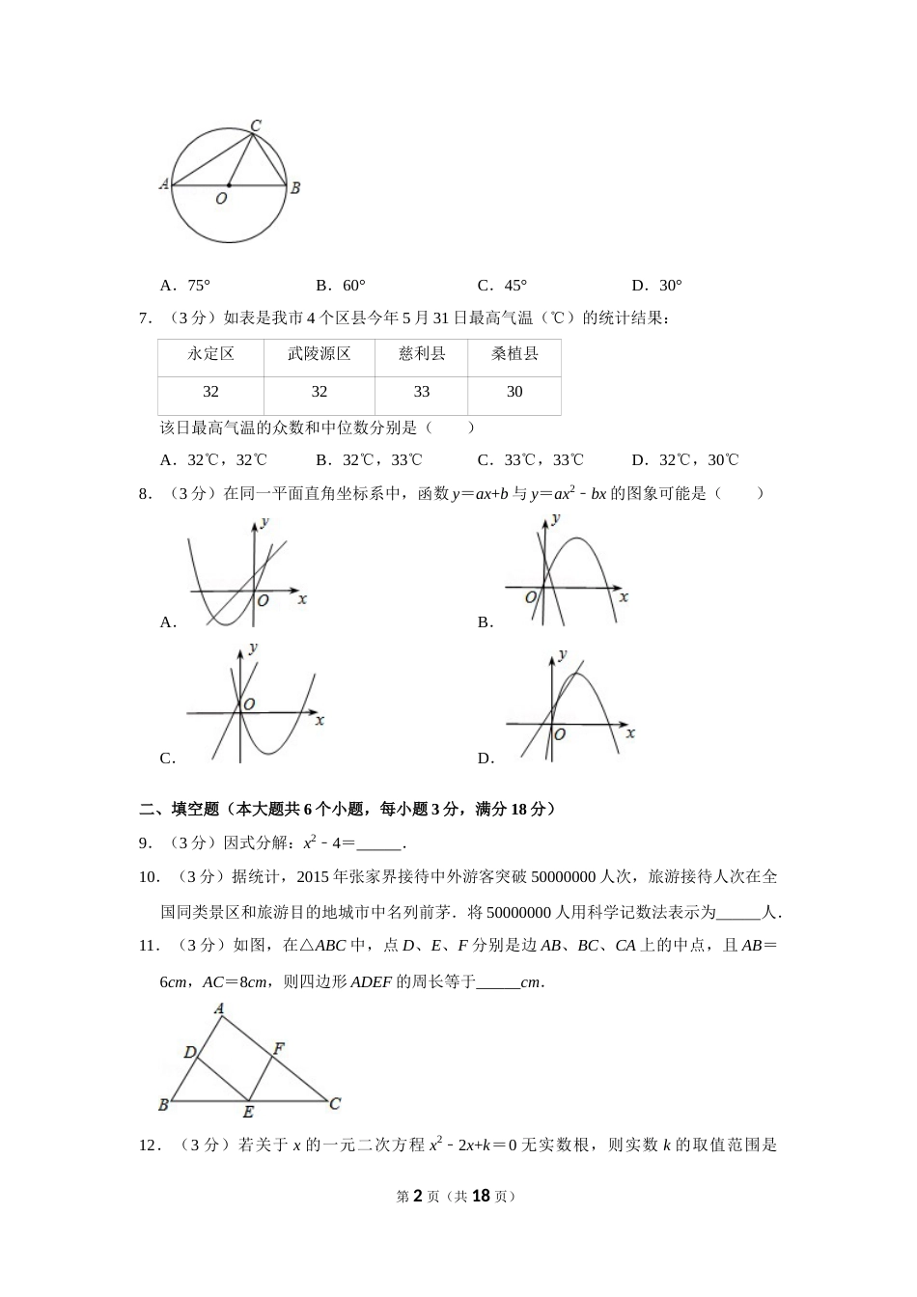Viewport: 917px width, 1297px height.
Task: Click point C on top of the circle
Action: click(x=256, y=125)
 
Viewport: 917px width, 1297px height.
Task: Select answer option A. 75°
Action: click(x=185, y=286)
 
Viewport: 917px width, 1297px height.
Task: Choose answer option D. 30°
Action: click(x=657, y=286)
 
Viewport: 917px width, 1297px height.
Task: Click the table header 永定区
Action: click(x=210, y=354)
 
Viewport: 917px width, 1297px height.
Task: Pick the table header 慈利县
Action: click(x=421, y=354)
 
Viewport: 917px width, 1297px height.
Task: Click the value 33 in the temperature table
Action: click(x=421, y=392)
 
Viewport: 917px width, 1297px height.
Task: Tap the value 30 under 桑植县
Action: click(x=514, y=392)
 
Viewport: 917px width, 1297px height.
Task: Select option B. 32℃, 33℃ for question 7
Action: click(x=369, y=460)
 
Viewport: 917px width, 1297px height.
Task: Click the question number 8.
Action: click(x=145, y=494)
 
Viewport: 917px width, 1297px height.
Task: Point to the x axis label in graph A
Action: click(x=302, y=599)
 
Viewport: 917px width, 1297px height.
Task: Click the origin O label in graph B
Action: click(x=530, y=598)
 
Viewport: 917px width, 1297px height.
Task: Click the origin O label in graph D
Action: click(x=559, y=734)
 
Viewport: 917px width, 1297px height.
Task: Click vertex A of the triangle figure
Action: click(x=220, y=1009)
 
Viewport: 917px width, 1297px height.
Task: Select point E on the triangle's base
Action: click(x=248, y=1112)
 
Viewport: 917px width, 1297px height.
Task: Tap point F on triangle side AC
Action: click(x=278, y=1047)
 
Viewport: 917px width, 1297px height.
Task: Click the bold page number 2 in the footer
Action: click(x=418, y=1196)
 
